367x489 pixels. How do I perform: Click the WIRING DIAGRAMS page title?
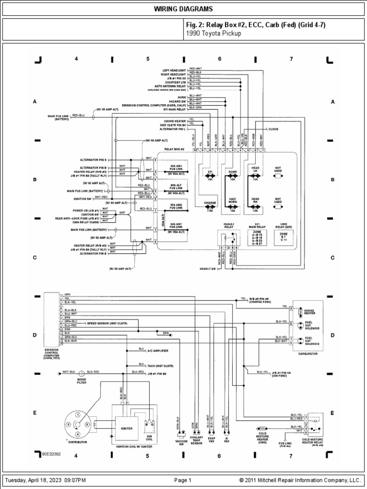[x=183, y=10]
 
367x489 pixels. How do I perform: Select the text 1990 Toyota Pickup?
[x=213, y=34]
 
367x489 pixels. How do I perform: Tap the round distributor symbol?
[x=77, y=422]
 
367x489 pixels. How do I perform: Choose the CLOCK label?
[x=273, y=129]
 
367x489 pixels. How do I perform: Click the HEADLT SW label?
[x=208, y=269]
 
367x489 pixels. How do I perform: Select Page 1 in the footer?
[x=183, y=480]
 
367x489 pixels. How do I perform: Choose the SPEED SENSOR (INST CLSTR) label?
[x=107, y=323]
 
